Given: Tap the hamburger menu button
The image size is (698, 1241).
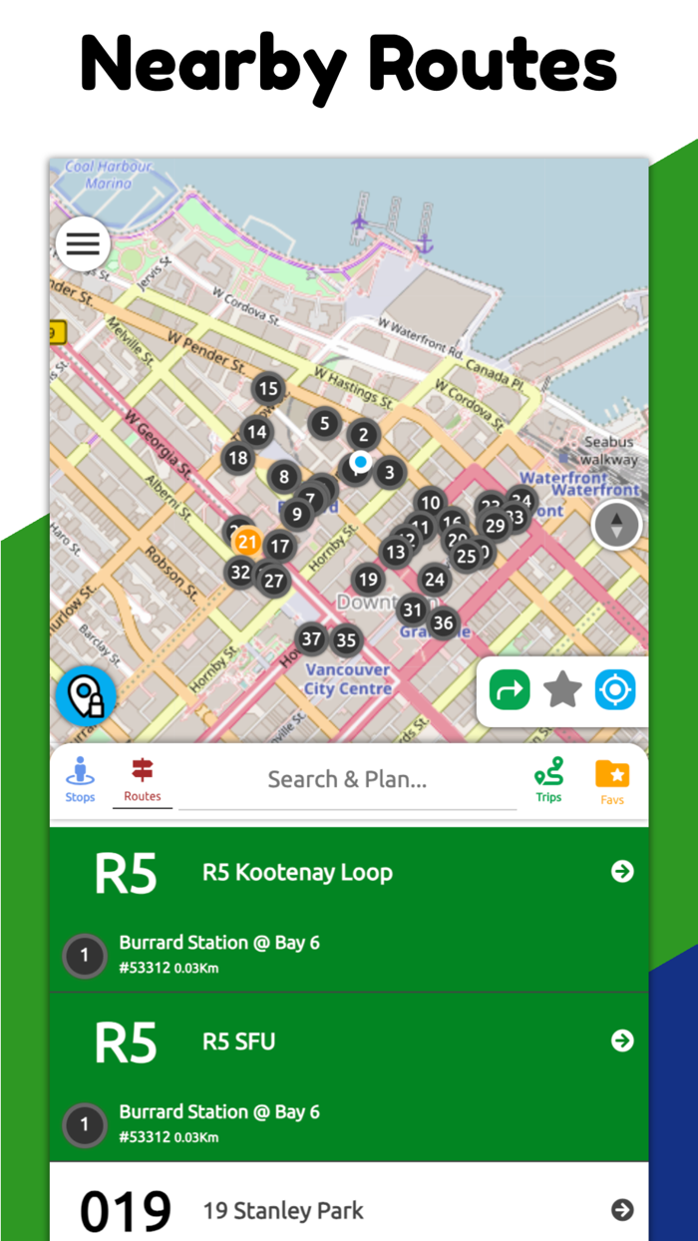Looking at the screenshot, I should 83,243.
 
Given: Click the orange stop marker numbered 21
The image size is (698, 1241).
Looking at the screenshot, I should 247,543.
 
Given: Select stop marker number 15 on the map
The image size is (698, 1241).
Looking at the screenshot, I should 267,389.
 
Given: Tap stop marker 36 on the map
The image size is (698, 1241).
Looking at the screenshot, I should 443,623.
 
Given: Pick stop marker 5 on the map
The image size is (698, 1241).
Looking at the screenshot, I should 324,423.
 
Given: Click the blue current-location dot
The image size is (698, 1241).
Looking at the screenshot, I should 361,462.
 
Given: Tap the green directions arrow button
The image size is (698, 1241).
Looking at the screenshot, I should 510,689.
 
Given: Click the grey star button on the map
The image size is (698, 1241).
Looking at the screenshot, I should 562,689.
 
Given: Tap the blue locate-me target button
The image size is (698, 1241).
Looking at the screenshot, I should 615,689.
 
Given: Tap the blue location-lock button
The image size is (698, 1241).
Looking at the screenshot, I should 86,695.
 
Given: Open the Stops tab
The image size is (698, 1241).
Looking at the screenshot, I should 80,779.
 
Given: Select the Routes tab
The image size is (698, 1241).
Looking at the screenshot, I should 143,779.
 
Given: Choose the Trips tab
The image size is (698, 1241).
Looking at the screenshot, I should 548,779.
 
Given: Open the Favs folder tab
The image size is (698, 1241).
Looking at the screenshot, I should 612,781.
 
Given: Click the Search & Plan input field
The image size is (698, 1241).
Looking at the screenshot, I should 347,780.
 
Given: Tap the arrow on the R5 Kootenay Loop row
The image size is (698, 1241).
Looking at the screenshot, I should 622,872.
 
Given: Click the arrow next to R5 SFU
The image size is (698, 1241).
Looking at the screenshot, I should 622,1040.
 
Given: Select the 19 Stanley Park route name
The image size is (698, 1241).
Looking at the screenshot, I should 283,1211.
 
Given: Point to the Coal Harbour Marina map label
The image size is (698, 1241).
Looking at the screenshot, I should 109,175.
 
